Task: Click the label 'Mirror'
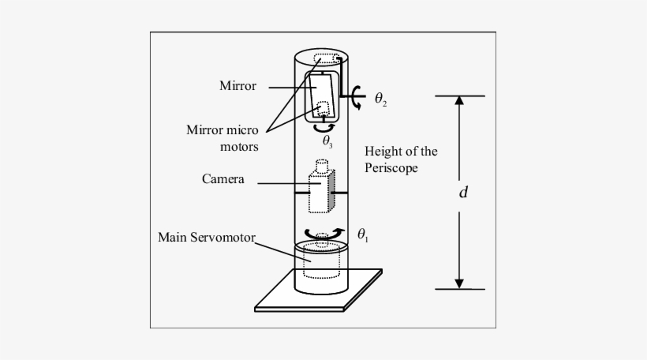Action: tap(237, 86)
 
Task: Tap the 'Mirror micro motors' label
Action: tap(223, 137)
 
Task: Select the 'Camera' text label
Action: tap(223, 179)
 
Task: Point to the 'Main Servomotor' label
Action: tap(206, 236)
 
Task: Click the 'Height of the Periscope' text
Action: tap(401, 159)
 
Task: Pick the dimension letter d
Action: tap(463, 192)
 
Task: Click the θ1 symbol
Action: tap(362, 234)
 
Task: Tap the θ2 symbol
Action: tap(381, 99)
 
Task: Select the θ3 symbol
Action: tap(327, 141)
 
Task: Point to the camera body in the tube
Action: tap(319, 192)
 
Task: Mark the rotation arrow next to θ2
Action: tap(359, 98)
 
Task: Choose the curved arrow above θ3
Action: tap(325, 126)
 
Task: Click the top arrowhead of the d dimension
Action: tap(459, 100)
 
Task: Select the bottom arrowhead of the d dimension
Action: tap(459, 283)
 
